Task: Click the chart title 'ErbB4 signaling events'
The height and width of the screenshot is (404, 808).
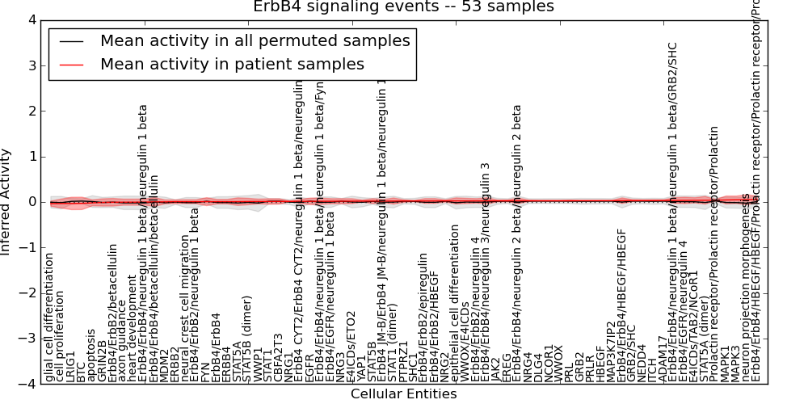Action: pyautogui.click(x=404, y=7)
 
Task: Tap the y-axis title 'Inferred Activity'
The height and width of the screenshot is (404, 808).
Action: pyautogui.click(x=6, y=202)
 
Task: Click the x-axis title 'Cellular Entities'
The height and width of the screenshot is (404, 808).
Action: pyautogui.click(x=403, y=394)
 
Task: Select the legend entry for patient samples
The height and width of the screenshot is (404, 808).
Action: pyautogui.click(x=232, y=65)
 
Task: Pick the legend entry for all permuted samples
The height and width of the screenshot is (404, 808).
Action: pyautogui.click(x=255, y=41)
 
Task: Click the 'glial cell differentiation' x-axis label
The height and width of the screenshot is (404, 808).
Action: pyautogui.click(x=50, y=318)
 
